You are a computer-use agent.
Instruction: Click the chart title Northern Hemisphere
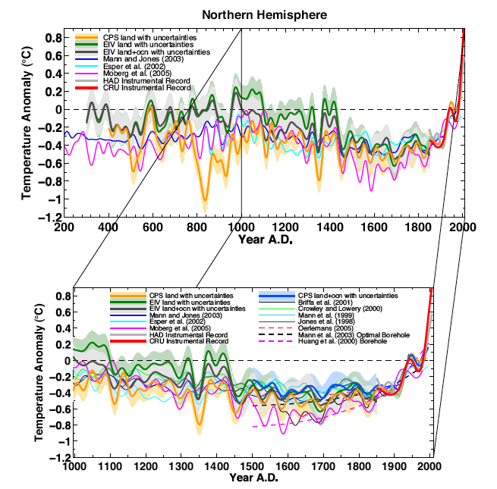pyautogui.click(x=248, y=14)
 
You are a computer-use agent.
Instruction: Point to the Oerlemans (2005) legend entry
pyautogui.click(x=323, y=327)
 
